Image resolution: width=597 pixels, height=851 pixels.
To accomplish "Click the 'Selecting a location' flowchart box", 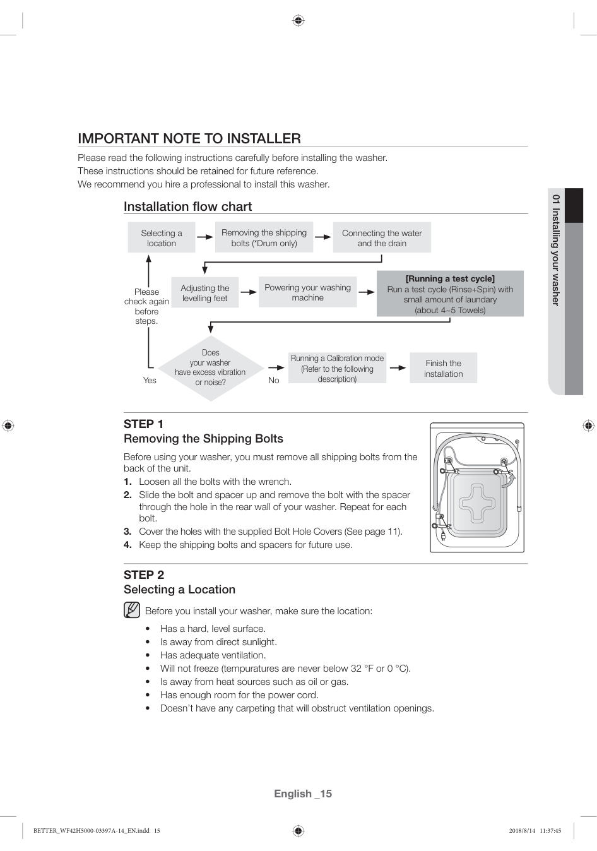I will [162, 238].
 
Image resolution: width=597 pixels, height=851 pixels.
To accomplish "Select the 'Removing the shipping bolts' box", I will [264, 238].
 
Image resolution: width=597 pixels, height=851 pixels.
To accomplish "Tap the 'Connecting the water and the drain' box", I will [382, 238].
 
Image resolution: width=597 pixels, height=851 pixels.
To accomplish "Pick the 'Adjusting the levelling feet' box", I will [205, 293].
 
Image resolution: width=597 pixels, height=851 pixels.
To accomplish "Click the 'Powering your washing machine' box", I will [307, 292].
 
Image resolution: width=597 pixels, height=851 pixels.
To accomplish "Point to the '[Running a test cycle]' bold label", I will [450, 278].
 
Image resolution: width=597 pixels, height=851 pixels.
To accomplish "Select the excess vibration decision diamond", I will [210, 368].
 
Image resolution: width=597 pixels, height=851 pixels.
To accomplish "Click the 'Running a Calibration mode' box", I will [337, 368].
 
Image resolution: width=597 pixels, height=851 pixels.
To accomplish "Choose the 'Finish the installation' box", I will [443, 368].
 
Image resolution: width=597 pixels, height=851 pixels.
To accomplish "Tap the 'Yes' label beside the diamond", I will [150, 380].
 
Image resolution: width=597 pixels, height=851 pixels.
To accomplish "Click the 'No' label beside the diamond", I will [273, 380].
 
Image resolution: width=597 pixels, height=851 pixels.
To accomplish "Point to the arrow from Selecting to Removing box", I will [205, 237].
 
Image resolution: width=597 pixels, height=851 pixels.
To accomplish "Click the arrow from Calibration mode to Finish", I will [398, 367].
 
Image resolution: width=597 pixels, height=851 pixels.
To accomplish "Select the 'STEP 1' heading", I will [143, 424].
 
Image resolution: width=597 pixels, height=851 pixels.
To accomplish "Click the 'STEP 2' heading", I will [144, 574].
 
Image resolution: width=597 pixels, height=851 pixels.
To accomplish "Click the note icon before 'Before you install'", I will [132, 610].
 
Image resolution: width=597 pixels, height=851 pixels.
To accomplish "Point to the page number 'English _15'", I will [303, 794].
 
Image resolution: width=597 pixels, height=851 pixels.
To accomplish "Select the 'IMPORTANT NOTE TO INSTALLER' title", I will [189, 138].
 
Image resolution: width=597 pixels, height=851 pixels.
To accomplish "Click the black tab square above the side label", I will [574, 206].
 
